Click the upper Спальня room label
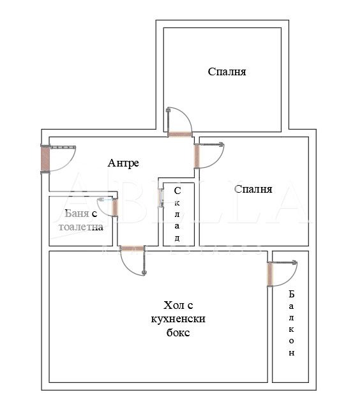coord(227,71)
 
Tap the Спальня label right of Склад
coord(253,189)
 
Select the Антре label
coord(123,163)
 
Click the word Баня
coord(77,213)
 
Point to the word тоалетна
coord(81,227)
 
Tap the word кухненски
coord(178,319)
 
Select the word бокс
coord(178,332)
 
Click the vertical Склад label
coord(177,214)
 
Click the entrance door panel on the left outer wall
coord(45,159)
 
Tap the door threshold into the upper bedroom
coord(180,135)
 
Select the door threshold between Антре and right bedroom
coord(197,156)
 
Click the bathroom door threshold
coord(115,207)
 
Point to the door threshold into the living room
coord(133,248)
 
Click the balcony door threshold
coord(270,274)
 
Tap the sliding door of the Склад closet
coord(161,198)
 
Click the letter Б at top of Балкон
coord(292,294)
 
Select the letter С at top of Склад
coord(177,191)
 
